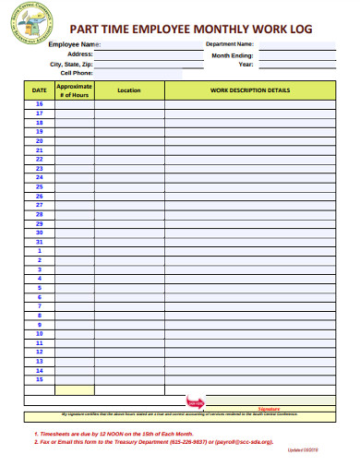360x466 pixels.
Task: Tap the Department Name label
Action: [229, 43]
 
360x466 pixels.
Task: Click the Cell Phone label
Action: [77, 73]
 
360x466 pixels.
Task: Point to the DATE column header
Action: [39, 90]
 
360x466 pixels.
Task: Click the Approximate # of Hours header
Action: [74, 90]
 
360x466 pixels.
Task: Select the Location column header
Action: [129, 90]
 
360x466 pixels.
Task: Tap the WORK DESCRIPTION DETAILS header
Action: [250, 90]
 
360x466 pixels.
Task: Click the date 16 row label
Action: [39, 104]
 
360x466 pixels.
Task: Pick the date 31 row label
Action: [39, 242]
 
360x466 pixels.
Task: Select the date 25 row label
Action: [39, 186]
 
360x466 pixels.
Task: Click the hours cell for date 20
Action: [74, 141]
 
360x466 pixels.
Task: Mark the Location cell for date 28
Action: [129, 214]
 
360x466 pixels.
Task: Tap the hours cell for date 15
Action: [74, 378]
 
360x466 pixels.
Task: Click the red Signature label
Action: [269, 407]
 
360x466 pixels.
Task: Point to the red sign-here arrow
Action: [195, 401]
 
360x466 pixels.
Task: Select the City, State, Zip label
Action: [71, 65]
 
